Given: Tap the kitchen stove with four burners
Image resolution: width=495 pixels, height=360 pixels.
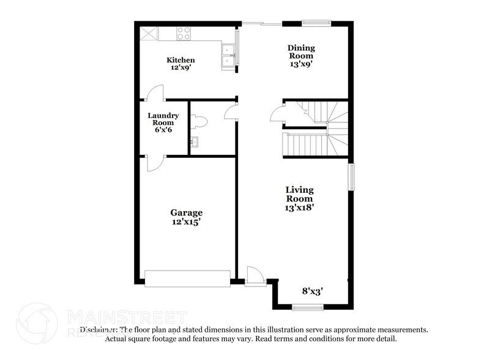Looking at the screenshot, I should tap(184, 33).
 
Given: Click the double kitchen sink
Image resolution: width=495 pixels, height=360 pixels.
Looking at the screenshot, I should tap(229, 53).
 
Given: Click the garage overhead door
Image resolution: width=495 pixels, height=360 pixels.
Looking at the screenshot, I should tap(187, 278).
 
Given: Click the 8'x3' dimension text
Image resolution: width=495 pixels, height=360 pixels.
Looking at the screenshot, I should tap(313, 291).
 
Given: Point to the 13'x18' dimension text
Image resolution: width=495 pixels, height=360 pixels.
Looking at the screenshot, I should tap(300, 208).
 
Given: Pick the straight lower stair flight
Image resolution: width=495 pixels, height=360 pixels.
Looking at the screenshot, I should tap(303, 146).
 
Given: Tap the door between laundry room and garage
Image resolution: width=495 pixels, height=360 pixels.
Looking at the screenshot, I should tap(154, 163).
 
